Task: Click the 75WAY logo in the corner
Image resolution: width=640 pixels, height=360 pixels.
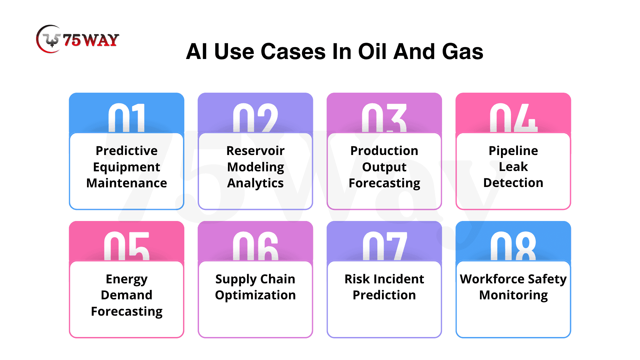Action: coord(77,39)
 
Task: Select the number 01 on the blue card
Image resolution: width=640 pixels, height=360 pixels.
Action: coord(127,118)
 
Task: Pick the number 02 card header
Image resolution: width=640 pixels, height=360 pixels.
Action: coord(255,118)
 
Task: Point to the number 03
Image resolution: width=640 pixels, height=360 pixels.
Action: coord(384,118)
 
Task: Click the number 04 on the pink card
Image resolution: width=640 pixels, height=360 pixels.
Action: coord(513,118)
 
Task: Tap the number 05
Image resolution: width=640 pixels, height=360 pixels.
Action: coord(127,246)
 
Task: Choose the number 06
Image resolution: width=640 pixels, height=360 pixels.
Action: coord(255,246)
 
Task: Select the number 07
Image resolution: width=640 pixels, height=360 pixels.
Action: coord(384,246)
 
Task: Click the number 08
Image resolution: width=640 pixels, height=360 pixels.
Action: coord(513,246)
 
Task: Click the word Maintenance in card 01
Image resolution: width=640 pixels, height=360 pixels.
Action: coord(127,183)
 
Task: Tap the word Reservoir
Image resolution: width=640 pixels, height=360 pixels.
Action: coord(255,151)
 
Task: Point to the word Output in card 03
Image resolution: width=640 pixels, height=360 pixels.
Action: coord(384,167)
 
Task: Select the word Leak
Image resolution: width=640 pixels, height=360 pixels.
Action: coord(513,167)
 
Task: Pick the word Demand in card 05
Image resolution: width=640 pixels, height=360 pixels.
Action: coord(127,295)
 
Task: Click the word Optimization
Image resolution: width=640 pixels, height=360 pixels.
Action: coord(255,295)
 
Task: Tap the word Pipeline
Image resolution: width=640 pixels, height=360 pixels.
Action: coord(513,151)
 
